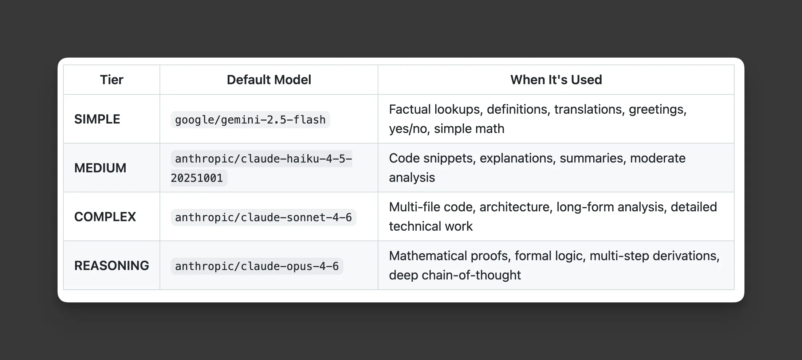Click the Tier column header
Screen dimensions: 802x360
point(111,80)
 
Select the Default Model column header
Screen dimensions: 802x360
point(269,80)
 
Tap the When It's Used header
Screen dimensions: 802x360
point(556,80)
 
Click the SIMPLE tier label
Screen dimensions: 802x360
point(97,119)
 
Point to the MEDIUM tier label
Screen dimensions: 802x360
point(100,168)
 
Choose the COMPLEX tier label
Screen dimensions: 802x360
point(105,217)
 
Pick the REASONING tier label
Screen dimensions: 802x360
point(111,266)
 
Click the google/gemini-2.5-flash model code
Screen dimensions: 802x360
point(250,120)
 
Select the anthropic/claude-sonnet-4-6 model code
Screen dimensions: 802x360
point(263,218)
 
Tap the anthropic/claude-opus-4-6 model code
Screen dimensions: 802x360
point(257,266)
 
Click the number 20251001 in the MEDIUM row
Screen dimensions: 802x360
point(197,178)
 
